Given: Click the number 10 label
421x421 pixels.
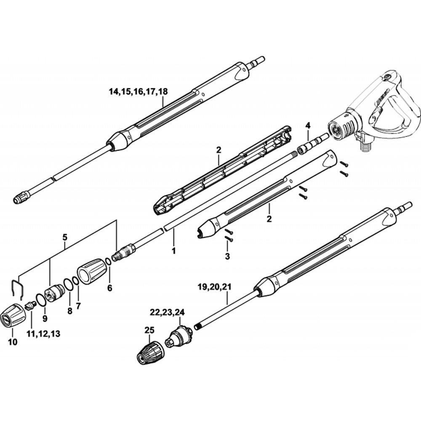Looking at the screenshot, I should [x=13, y=342].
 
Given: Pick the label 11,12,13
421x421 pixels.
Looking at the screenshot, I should [x=43, y=333].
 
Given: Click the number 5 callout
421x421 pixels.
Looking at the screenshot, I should [x=65, y=237].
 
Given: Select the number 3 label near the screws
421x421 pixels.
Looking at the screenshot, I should [x=227, y=256].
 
